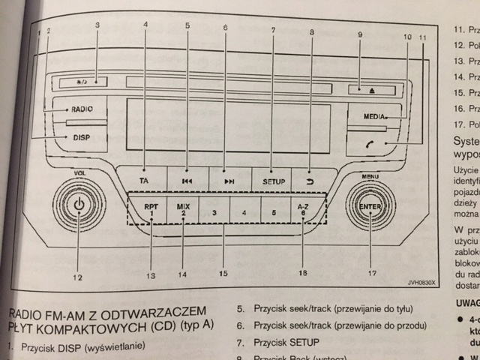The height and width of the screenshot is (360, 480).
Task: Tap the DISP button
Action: (79, 138)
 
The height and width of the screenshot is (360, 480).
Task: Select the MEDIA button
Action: (376, 118)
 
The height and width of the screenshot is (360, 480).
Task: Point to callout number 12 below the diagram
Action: (78, 277)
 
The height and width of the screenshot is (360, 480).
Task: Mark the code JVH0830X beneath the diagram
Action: (421, 283)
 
